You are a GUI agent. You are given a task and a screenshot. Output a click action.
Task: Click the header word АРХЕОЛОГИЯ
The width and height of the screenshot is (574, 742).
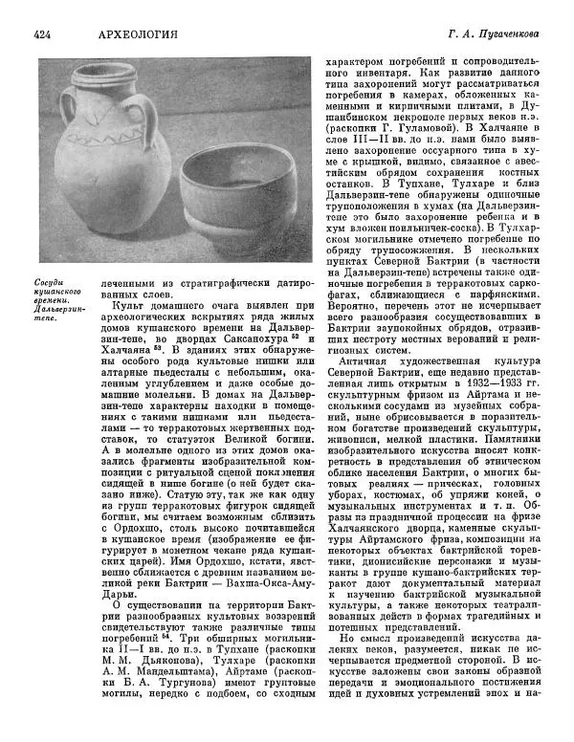pyautogui.click(x=138, y=34)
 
